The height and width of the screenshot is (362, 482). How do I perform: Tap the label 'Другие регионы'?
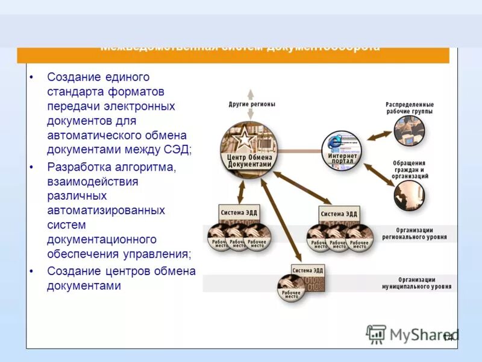(x=252, y=104)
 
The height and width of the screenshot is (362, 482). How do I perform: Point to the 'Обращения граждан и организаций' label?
(x=410, y=170)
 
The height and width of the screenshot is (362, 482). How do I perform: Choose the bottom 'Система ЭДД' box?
(x=308, y=269)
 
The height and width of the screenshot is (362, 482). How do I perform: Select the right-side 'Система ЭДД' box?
(x=339, y=214)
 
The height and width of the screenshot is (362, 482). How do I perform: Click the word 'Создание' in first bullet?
(x=69, y=77)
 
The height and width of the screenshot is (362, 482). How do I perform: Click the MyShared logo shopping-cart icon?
(x=377, y=334)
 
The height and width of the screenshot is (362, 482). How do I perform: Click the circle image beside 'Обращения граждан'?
(x=409, y=195)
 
